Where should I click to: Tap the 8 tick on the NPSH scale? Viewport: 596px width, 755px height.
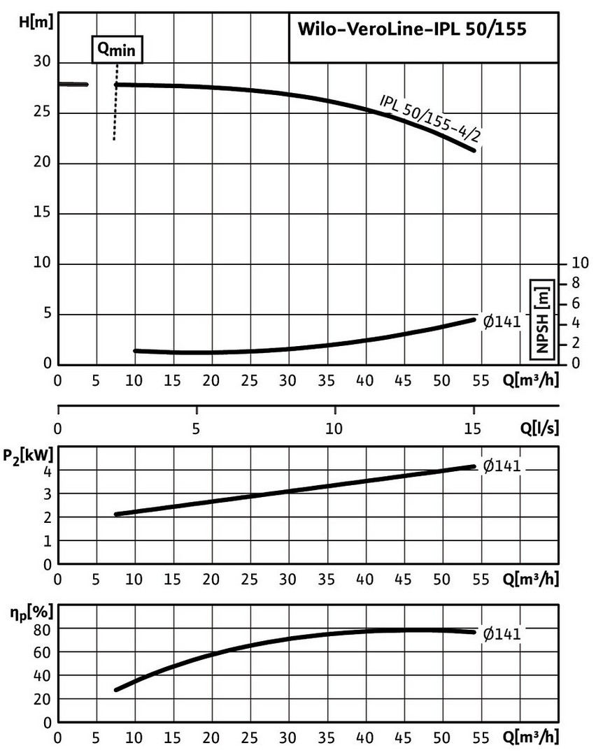[577, 283]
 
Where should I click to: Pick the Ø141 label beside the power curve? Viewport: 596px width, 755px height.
[502, 467]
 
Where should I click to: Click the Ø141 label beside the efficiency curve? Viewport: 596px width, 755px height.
[502, 633]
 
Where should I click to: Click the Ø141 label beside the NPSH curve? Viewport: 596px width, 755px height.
[502, 322]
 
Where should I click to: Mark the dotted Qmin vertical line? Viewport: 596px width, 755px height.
[115, 105]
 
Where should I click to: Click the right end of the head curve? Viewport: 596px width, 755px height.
[474, 150]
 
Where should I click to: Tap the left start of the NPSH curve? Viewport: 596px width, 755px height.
[135, 351]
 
